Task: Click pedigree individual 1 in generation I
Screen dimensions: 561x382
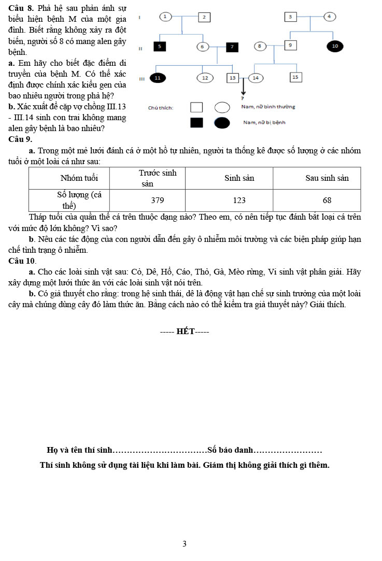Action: pyautogui.click(x=165, y=17)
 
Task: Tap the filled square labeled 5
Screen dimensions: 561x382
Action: pyautogui.click(x=160, y=47)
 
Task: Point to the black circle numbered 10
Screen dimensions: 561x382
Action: pyautogui.click(x=335, y=46)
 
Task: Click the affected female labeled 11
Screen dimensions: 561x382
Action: pyautogui.click(x=158, y=78)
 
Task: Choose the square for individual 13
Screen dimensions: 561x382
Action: pyautogui.click(x=232, y=78)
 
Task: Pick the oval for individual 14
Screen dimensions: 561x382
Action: pyautogui.click(x=256, y=78)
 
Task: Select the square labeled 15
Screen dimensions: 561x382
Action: pyautogui.click(x=295, y=77)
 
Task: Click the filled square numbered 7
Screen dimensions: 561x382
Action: pyautogui.click(x=232, y=47)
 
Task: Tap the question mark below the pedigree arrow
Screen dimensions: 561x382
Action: pyautogui.click(x=243, y=97)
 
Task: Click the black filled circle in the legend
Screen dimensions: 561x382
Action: pyautogui.click(x=222, y=123)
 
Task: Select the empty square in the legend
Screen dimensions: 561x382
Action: pyautogui.click(x=196, y=107)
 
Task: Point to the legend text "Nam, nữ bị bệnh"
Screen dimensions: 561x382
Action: pyautogui.click(x=264, y=123)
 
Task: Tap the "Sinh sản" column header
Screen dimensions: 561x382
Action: pyautogui.click(x=239, y=178)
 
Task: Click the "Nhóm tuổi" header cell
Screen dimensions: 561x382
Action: pyautogui.click(x=79, y=178)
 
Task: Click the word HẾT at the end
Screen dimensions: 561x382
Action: pyautogui.click(x=185, y=332)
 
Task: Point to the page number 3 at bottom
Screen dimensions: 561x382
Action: pyautogui.click(x=185, y=544)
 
